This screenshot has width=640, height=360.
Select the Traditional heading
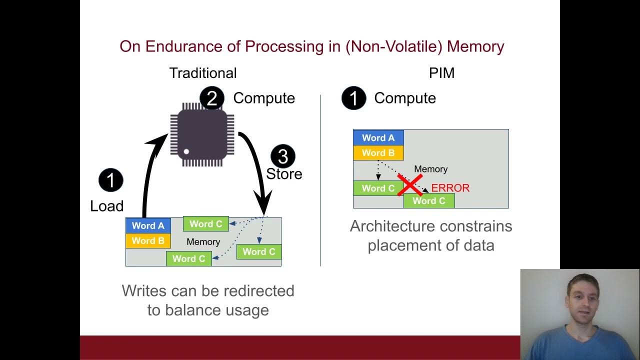tap(202, 73)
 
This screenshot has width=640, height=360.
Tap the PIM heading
tap(441, 73)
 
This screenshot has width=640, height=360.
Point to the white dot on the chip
tap(186, 151)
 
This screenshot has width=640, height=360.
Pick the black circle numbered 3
tap(283, 156)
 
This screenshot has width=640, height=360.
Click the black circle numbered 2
tap(212, 98)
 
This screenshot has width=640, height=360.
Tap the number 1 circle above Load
tap(110, 180)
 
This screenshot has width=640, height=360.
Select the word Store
tap(284, 174)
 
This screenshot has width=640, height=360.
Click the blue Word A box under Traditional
tap(148, 225)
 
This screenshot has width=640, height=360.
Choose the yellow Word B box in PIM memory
tap(378, 153)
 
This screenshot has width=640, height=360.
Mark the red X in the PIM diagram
tap(410, 184)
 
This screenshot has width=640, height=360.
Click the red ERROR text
tap(450, 188)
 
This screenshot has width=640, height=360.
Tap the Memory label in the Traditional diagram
tap(203, 242)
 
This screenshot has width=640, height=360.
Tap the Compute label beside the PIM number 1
tap(404, 98)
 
